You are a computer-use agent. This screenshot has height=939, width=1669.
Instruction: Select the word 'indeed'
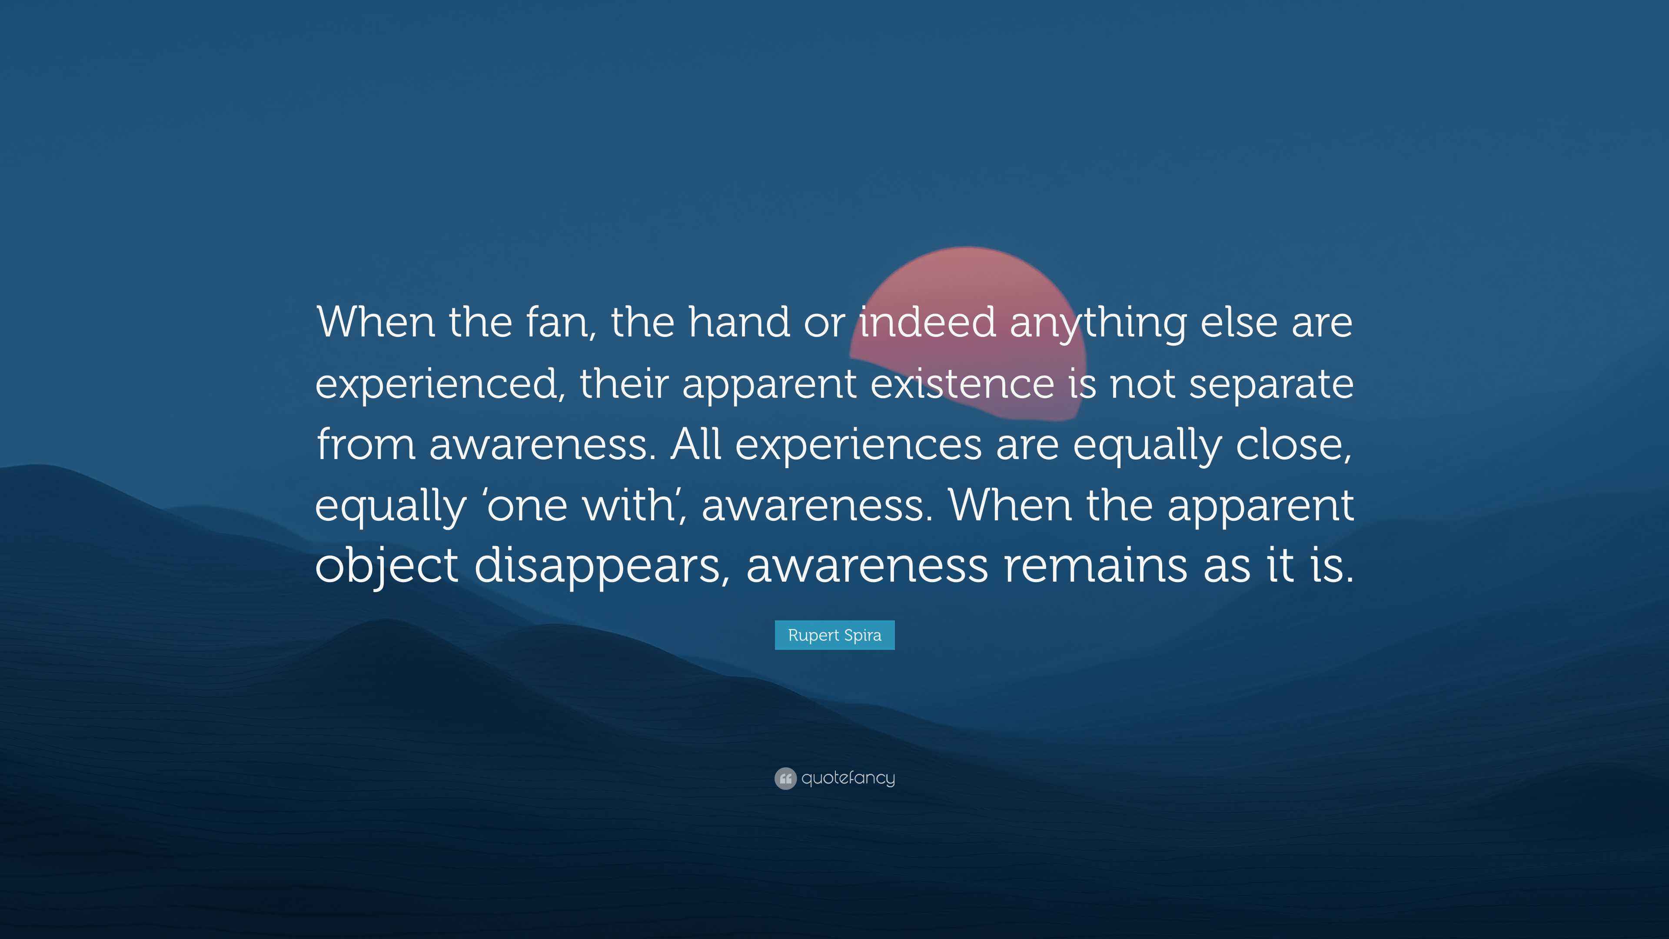(927, 322)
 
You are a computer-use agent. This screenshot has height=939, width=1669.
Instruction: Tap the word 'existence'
(962, 383)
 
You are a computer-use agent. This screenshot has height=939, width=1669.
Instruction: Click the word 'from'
(366, 445)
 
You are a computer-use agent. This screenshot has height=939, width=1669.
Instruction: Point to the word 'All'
(696, 445)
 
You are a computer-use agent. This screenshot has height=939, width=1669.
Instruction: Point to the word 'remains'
(1095, 565)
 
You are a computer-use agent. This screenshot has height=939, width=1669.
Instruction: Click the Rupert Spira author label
(834, 635)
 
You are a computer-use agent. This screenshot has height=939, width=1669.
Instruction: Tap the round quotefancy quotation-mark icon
(785, 778)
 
